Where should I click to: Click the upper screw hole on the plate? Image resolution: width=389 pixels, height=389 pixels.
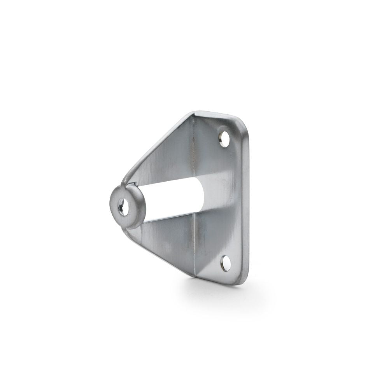coord(224,138)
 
